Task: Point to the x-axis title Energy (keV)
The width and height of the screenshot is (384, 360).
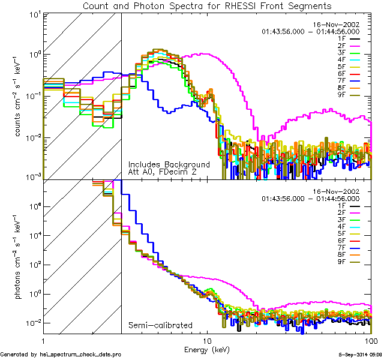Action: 208,349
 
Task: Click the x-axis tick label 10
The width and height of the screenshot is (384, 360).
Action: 207,340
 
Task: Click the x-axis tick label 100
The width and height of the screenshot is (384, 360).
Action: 370,340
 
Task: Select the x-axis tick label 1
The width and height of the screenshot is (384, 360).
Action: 43,340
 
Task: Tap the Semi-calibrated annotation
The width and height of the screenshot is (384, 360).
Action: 157,326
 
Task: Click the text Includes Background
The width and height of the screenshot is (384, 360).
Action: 169,164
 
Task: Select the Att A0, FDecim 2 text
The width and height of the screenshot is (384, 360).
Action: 162,172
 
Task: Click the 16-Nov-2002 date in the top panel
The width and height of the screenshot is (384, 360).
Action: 337,24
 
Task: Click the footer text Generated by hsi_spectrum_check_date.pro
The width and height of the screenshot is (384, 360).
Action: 61,355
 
